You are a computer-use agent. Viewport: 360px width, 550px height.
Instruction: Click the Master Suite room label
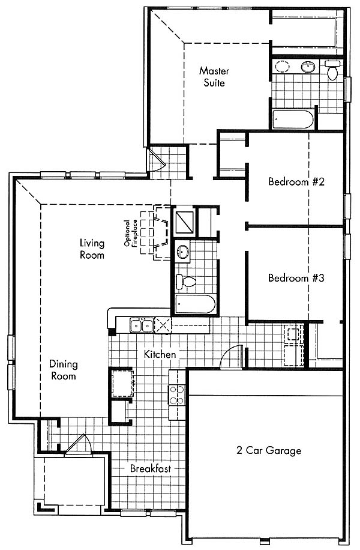(x=214, y=77)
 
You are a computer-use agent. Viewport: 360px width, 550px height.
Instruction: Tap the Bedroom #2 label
(x=296, y=182)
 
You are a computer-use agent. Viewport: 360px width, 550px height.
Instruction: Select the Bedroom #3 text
(x=296, y=278)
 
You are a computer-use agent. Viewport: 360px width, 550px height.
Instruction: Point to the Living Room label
(x=92, y=249)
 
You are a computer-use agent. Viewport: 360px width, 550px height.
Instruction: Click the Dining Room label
(x=64, y=370)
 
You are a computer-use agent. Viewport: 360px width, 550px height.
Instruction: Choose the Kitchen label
(x=160, y=354)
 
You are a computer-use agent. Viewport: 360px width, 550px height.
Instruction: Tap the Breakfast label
(x=151, y=468)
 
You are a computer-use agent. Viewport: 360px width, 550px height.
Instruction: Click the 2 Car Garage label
(x=269, y=450)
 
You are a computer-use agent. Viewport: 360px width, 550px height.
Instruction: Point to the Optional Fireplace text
(x=131, y=233)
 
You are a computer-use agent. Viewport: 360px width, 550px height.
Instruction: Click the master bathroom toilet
(x=332, y=70)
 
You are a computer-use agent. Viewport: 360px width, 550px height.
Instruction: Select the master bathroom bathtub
(x=293, y=119)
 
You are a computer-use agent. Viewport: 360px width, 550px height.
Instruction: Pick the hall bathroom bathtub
(x=195, y=304)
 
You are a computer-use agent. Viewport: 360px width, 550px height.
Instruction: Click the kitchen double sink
(x=141, y=325)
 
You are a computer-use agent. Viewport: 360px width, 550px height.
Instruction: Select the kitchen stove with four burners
(x=176, y=395)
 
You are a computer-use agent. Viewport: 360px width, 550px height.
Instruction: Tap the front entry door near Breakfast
(x=79, y=445)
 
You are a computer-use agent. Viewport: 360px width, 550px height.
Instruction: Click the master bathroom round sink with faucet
(x=308, y=67)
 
